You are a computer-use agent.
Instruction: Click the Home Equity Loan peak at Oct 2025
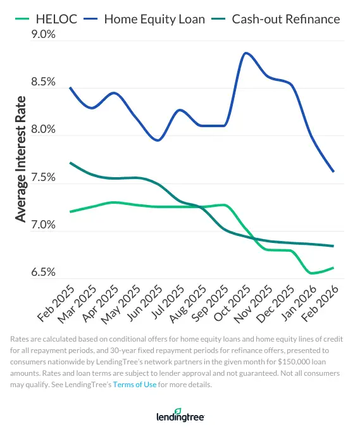[245, 53]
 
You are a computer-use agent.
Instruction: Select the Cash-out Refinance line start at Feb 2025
[70, 163]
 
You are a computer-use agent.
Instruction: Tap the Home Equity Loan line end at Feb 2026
[333, 171]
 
